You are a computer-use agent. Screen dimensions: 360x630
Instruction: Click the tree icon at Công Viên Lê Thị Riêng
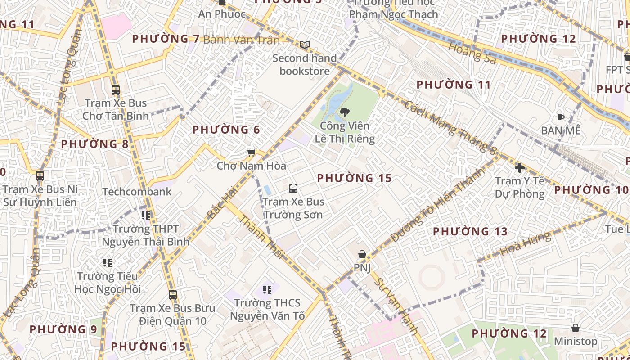pyautogui.click(x=345, y=112)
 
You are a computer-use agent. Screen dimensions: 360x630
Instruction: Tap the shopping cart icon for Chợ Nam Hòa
pyautogui.click(x=252, y=153)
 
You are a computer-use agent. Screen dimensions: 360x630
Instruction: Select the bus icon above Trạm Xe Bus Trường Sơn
pyautogui.click(x=293, y=188)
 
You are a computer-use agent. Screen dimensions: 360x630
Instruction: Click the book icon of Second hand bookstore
pyautogui.click(x=305, y=45)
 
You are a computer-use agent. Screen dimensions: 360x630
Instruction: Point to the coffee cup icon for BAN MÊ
pyautogui.click(x=560, y=117)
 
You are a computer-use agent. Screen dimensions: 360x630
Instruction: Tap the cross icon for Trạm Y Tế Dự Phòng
pyautogui.click(x=520, y=168)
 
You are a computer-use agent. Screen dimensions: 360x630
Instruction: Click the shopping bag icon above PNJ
pyautogui.click(x=362, y=255)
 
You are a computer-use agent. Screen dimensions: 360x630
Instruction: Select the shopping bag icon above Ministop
pyautogui.click(x=575, y=328)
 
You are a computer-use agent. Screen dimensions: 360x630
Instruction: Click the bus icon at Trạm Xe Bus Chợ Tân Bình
pyautogui.click(x=116, y=90)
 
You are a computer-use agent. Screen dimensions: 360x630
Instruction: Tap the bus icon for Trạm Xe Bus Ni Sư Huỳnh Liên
pyautogui.click(x=40, y=176)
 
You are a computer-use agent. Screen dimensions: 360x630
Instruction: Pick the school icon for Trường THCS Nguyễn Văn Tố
pyautogui.click(x=267, y=290)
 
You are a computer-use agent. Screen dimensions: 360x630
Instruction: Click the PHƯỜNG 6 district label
pyautogui.click(x=226, y=130)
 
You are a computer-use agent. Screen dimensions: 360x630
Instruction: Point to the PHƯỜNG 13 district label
pyautogui.click(x=470, y=232)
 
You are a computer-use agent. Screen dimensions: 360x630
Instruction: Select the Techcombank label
pyautogui.click(x=137, y=192)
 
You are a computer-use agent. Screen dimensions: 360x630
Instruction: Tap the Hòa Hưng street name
pyautogui.click(x=525, y=245)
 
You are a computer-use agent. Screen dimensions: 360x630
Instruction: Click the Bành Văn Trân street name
pyautogui.click(x=241, y=40)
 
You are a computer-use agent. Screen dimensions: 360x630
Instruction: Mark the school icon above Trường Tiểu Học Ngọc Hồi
pyautogui.click(x=108, y=262)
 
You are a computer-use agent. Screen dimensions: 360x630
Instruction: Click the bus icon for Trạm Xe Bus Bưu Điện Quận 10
pyautogui.click(x=173, y=295)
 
